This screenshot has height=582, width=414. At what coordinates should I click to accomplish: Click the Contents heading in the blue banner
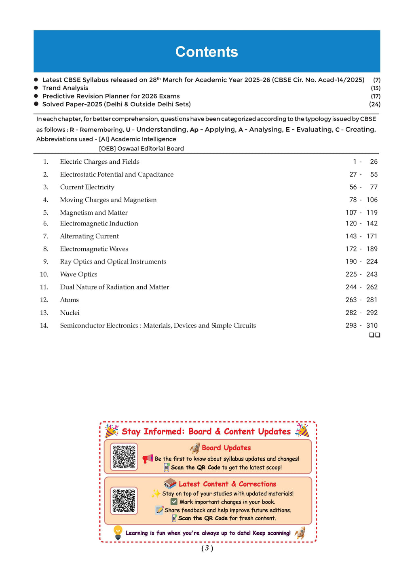click(207, 52)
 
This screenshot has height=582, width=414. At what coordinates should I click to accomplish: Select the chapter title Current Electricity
click(87, 187)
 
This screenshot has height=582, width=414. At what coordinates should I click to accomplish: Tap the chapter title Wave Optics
click(78, 274)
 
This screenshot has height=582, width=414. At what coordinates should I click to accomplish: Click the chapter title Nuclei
click(70, 313)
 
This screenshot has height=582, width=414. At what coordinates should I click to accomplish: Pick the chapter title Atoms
click(69, 300)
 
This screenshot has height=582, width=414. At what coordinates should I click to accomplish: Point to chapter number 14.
click(44, 326)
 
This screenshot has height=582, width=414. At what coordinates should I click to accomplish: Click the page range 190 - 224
click(361, 261)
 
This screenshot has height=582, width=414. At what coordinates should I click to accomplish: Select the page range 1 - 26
click(365, 162)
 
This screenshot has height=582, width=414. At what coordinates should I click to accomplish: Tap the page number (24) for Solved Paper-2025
click(374, 104)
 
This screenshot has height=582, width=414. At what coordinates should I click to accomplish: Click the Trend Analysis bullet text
click(65, 88)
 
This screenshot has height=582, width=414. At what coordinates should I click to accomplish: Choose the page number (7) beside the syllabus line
click(376, 80)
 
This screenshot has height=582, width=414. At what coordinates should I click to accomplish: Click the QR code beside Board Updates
click(124, 457)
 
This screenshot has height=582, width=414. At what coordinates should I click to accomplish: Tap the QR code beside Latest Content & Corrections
click(124, 500)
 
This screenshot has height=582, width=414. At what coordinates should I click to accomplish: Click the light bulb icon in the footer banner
click(118, 532)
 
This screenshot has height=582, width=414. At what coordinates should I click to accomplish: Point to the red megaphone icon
click(148, 459)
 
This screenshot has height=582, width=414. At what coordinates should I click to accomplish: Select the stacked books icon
click(170, 483)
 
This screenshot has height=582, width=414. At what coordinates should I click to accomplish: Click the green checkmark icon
click(174, 502)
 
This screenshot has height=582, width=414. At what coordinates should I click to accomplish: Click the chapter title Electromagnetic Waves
click(94, 249)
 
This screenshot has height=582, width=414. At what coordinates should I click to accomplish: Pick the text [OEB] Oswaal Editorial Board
click(141, 149)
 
